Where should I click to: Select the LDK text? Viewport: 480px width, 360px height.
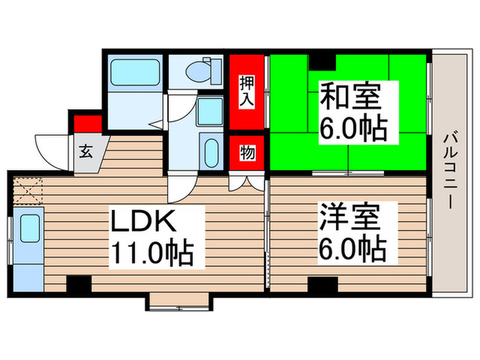click(145, 222)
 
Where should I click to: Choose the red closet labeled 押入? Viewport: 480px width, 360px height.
click(247, 92)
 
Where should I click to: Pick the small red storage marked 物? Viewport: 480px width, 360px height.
click(247, 153)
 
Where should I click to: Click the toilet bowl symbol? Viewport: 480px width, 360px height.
click(203, 69)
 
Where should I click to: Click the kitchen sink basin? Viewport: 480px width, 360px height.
click(29, 228)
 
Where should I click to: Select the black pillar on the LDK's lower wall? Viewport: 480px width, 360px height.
click(79, 284)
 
